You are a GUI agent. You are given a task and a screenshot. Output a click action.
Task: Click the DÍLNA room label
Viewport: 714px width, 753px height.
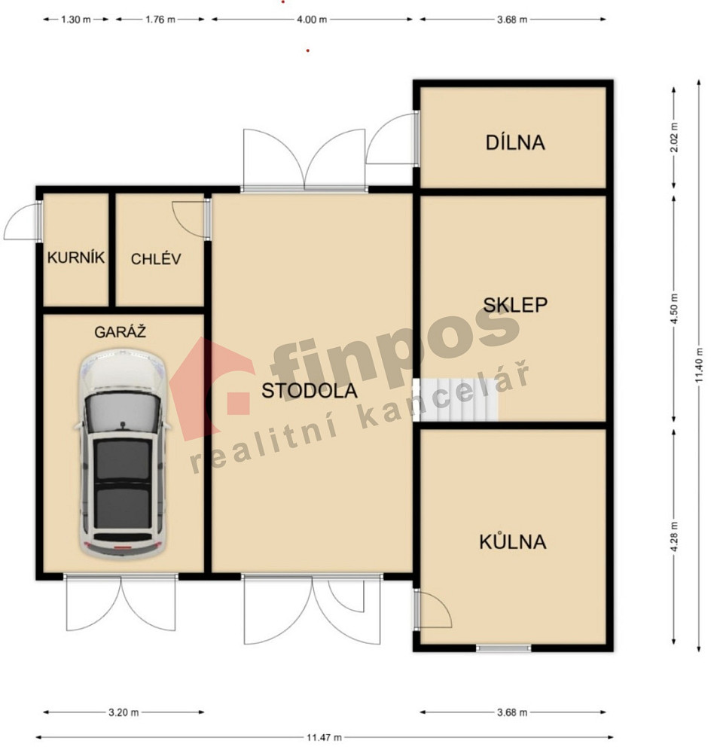(x=515, y=142)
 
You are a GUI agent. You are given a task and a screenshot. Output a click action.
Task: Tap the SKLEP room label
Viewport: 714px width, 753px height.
(x=515, y=305)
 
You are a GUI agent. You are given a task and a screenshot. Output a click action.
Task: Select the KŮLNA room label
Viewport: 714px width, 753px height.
(x=513, y=541)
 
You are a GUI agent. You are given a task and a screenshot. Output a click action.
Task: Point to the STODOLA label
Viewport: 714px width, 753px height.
(x=310, y=391)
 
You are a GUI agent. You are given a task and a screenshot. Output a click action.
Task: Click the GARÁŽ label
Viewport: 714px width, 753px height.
(x=120, y=331)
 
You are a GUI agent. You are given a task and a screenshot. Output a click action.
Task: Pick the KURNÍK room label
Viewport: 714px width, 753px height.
(x=76, y=258)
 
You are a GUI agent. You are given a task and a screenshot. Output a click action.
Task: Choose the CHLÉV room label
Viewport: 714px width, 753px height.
(x=156, y=259)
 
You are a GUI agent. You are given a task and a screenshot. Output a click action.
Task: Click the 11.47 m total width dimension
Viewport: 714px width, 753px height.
(x=325, y=737)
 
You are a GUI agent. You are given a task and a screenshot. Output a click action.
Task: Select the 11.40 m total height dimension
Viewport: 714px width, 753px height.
(x=699, y=365)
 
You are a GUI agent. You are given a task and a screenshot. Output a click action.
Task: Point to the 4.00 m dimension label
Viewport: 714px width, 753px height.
(x=312, y=20)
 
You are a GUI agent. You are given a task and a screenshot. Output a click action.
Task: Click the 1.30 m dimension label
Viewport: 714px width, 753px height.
(x=76, y=20)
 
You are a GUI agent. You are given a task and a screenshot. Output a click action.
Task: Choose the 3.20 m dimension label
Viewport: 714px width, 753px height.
(x=124, y=712)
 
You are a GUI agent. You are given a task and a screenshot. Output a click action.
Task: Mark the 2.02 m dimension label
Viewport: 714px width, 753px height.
(x=674, y=137)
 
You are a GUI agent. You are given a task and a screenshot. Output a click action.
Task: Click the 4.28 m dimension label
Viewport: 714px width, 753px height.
(x=674, y=538)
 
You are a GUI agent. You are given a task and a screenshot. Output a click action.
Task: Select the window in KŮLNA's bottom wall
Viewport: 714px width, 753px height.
(x=504, y=648)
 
